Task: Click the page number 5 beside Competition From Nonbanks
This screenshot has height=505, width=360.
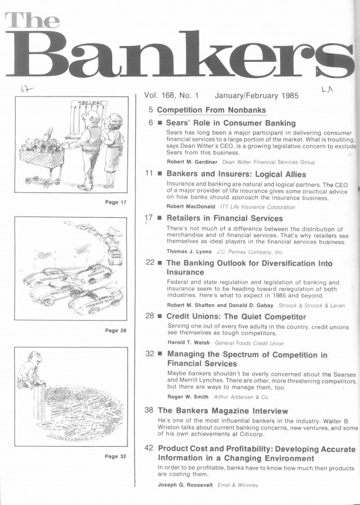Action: click(152, 109)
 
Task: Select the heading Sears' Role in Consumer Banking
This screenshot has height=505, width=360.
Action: click(231, 123)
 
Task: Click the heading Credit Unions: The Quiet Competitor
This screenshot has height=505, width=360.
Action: click(236, 317)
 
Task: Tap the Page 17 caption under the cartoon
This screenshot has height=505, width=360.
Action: click(116, 202)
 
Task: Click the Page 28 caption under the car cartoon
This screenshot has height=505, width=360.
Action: click(116, 330)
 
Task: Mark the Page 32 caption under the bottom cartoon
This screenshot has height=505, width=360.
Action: click(116, 456)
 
